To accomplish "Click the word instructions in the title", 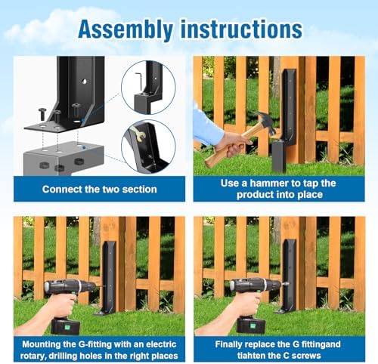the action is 241,29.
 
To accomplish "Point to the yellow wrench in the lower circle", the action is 138,134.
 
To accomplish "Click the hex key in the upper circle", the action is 139,81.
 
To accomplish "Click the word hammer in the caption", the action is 269,184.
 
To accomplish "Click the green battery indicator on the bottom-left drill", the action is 67,328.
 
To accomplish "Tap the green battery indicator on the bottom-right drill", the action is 253,326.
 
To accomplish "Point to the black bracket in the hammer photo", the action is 287,119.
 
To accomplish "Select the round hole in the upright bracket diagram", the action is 85,81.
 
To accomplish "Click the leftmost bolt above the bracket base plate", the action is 42,113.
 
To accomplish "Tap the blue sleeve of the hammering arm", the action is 206,126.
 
